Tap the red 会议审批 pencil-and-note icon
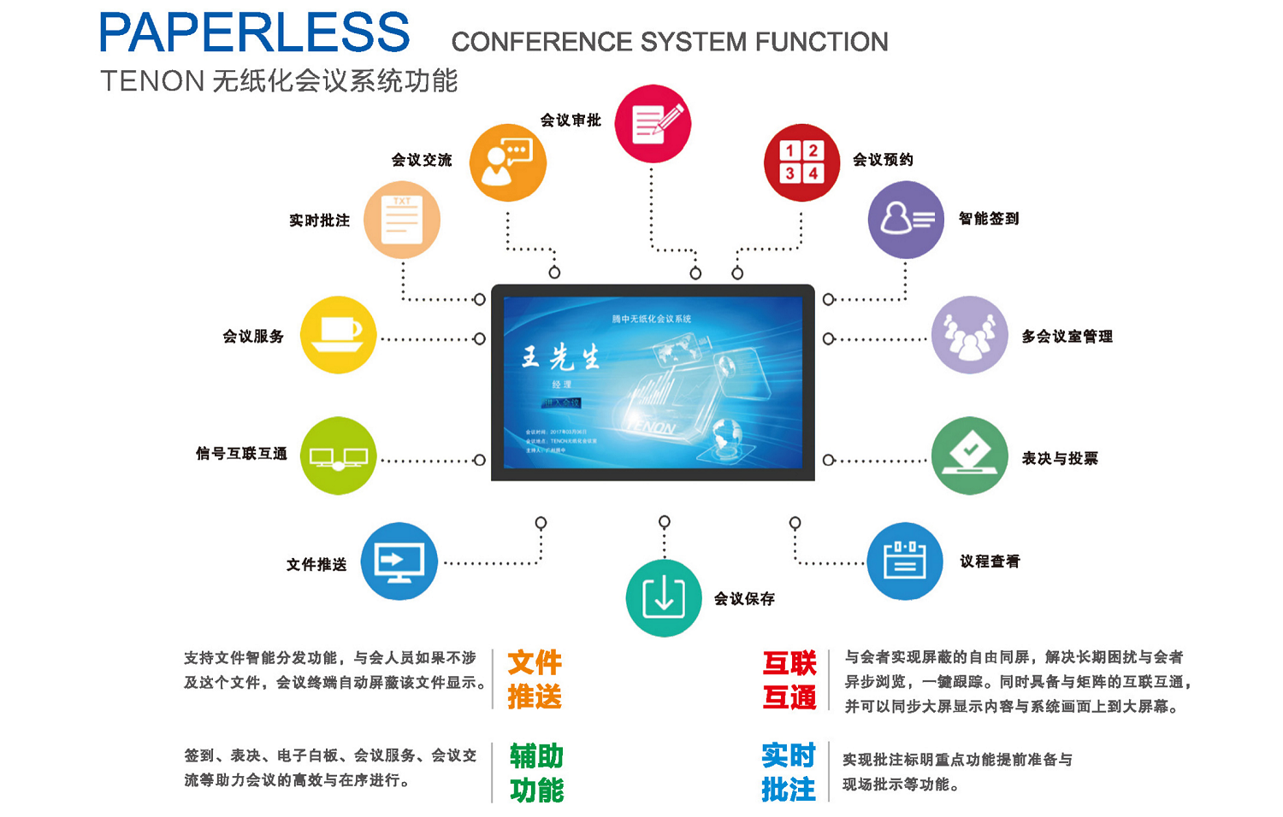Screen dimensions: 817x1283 pos(653,124)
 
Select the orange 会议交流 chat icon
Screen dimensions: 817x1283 pos(508,162)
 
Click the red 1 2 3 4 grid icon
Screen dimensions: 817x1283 pos(801,162)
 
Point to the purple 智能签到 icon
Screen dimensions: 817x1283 pos(906,220)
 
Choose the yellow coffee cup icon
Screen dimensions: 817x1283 pos(339,335)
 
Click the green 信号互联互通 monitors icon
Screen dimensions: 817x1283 pos(339,456)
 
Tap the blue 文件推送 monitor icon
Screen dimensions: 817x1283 pos(399,561)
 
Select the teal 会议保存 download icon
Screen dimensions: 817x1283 pos(664,597)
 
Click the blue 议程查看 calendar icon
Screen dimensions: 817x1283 pos(905,561)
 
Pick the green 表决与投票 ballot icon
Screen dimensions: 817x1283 pos(970,456)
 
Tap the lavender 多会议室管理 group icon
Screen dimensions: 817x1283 pos(970,335)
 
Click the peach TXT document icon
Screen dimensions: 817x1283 pos(402,220)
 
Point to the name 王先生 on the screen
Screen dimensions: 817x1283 pos(561,357)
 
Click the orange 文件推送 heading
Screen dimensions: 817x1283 pos(535,679)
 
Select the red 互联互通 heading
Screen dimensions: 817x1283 pos(789,680)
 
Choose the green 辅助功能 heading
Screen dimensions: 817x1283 pos(536,773)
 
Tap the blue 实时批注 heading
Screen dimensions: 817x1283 pos(789,772)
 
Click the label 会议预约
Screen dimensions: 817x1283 pos(883,160)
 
